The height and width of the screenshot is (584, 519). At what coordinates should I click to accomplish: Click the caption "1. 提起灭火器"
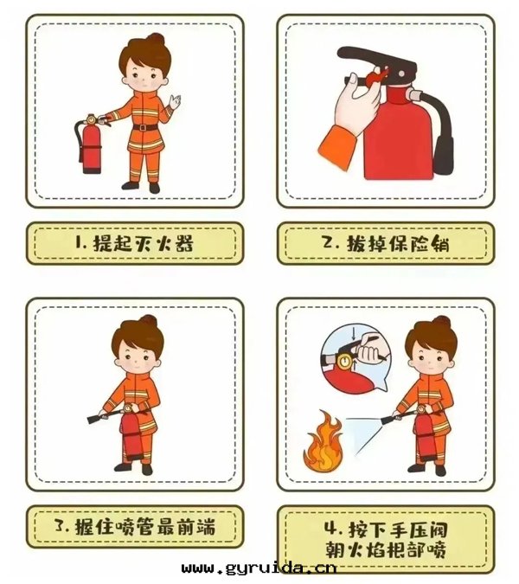pos(134,243)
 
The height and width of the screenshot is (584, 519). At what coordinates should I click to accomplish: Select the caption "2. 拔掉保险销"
pos(386,243)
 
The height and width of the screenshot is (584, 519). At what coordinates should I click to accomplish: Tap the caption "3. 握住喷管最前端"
pos(135,527)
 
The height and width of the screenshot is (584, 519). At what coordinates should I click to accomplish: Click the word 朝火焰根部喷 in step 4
pos(386,549)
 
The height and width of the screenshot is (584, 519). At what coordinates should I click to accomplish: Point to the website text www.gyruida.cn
pos(259,568)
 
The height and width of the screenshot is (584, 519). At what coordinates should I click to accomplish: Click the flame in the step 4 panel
pos(324,441)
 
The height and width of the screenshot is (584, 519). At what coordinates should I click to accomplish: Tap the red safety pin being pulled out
pos(376,78)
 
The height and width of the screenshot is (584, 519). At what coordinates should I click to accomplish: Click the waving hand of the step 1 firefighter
pos(174,101)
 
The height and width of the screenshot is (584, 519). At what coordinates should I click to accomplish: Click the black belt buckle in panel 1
pos(143,127)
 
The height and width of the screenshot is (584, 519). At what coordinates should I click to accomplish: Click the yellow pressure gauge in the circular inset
pos(344,362)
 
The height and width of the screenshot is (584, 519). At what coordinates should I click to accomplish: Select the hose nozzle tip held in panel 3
pos(93,419)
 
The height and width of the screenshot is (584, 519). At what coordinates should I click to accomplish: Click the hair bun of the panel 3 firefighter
pos(148,321)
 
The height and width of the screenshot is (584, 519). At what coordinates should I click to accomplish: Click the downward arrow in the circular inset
pos(353,332)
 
